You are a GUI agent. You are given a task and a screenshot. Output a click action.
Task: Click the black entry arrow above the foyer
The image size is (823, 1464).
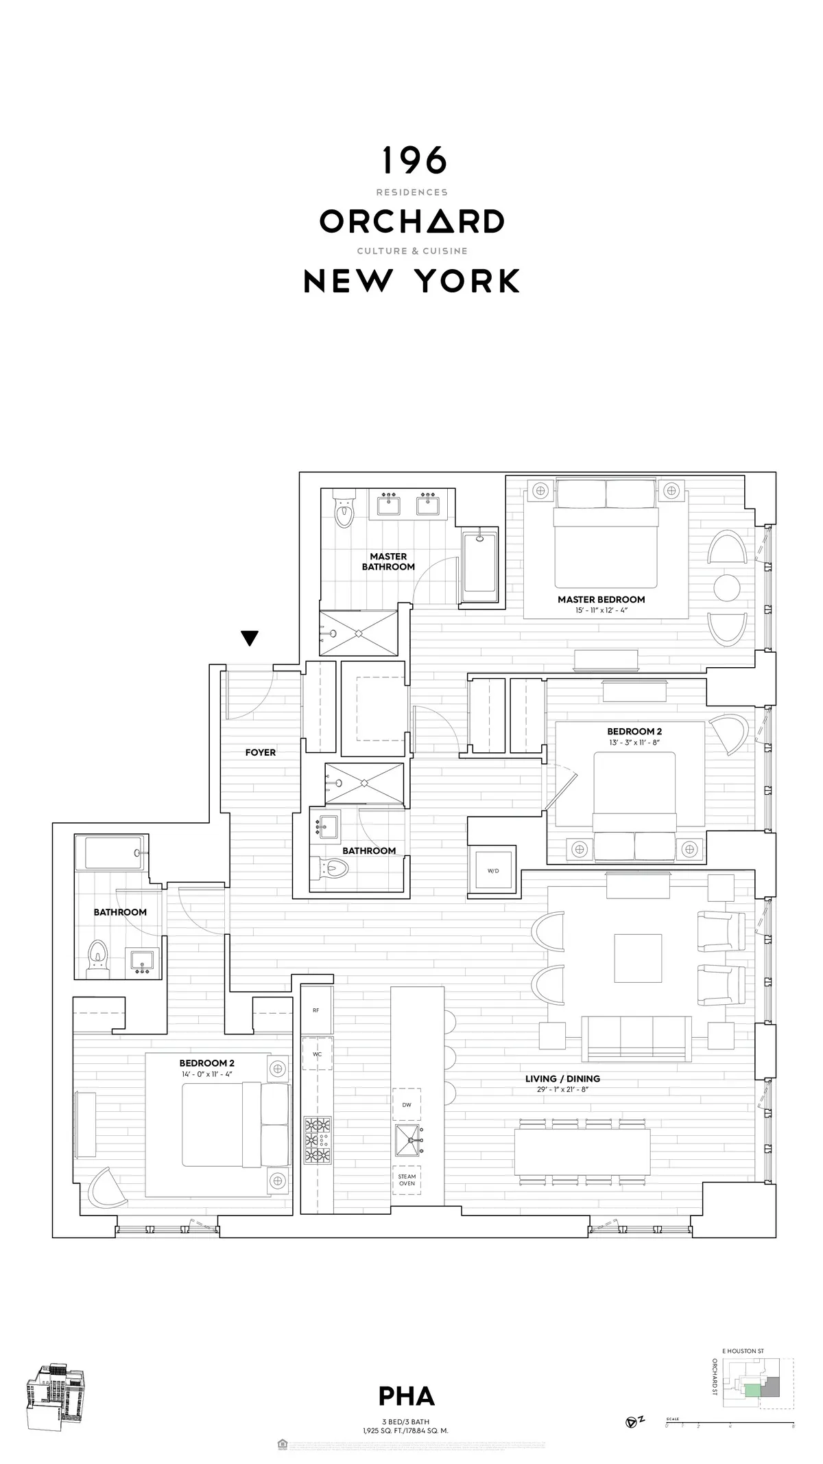(250, 638)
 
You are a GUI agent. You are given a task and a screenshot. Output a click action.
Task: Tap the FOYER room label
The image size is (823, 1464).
(261, 752)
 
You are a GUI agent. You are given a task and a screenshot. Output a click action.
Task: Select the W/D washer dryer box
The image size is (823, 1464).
(493, 870)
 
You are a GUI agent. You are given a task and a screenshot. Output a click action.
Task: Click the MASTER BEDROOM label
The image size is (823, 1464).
(601, 599)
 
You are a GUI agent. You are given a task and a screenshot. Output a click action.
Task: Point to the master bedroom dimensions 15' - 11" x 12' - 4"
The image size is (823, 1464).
(601, 609)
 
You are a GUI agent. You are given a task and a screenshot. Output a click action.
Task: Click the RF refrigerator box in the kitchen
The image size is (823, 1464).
(316, 1010)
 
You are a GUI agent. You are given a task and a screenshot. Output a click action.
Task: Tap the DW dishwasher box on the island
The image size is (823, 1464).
(407, 1104)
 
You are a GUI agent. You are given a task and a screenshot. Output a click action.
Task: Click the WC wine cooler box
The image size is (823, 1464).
(317, 1054)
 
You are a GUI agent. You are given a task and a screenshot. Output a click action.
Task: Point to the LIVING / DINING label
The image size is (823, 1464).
(562, 1078)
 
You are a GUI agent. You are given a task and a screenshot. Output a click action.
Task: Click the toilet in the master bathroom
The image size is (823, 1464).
(343, 511)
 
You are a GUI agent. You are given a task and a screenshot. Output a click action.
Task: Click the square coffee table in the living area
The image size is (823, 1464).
(639, 958)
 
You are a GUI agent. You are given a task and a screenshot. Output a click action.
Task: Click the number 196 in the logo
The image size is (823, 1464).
(414, 161)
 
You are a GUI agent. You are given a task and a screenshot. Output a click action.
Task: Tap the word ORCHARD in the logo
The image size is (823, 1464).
(411, 221)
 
